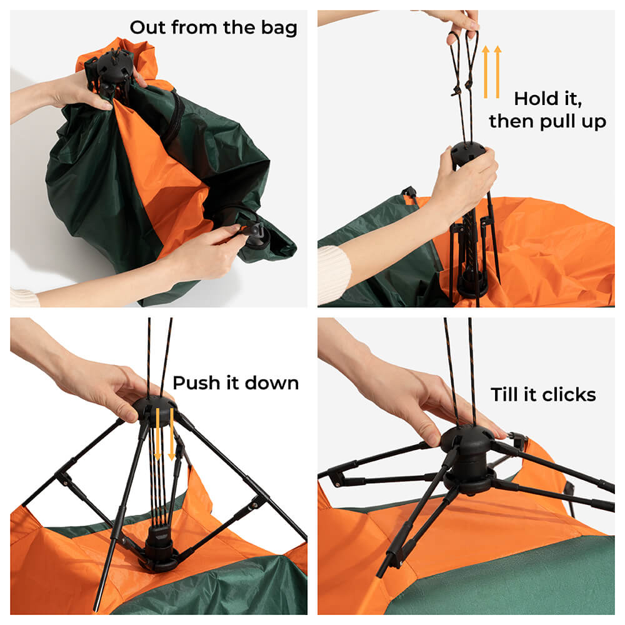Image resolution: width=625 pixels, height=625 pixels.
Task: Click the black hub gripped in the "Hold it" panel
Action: (x=468, y=153)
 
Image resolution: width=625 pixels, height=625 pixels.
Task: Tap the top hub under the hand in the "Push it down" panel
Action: (x=154, y=409)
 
